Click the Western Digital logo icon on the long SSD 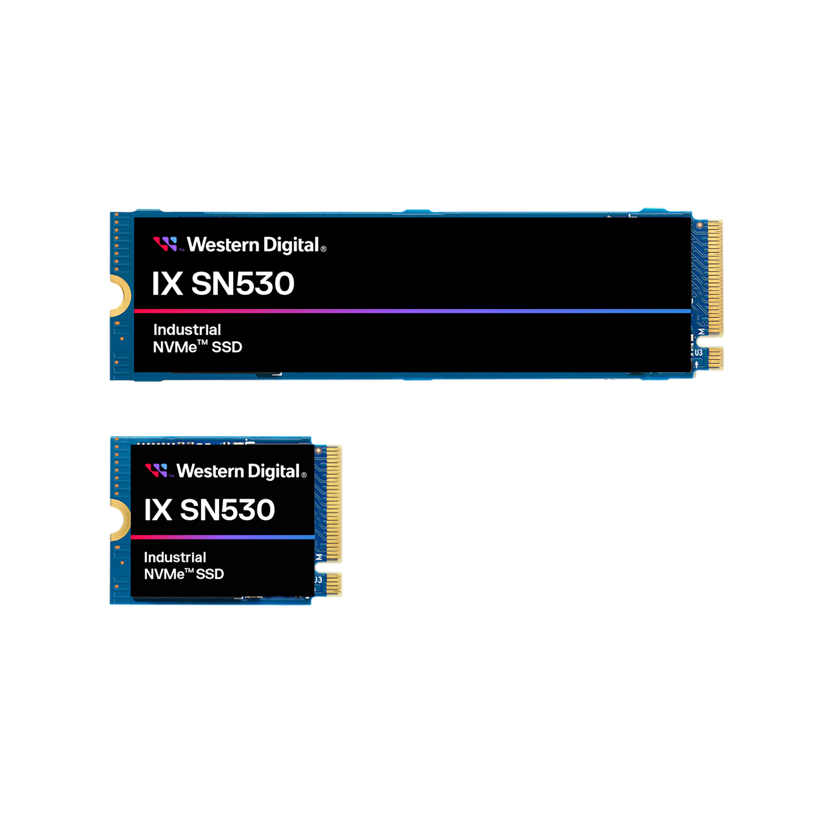(165, 244)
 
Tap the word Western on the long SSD (223, 245)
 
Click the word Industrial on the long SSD (187, 330)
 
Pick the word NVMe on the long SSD (175, 347)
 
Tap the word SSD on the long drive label (227, 347)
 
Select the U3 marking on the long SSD (698, 352)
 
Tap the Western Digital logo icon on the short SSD (156, 470)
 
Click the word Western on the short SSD (210, 471)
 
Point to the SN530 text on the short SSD (227, 510)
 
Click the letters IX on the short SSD (158, 510)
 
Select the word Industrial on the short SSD (175, 557)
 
